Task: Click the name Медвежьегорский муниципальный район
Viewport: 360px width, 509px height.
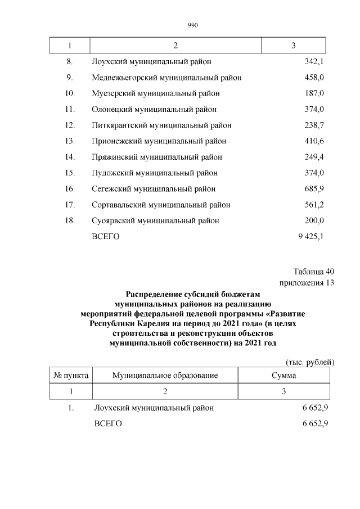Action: click(x=166, y=77)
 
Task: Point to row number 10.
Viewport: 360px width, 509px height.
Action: click(x=70, y=93)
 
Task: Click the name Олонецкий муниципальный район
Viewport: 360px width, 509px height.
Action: click(x=154, y=109)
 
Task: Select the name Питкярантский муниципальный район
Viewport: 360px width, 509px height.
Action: click(x=161, y=125)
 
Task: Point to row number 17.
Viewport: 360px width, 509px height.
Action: click(x=70, y=205)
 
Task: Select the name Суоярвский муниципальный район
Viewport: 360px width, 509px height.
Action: click(x=155, y=220)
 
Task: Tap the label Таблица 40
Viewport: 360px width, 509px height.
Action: click(x=313, y=272)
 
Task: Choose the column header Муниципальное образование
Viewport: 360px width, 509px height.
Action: click(x=165, y=375)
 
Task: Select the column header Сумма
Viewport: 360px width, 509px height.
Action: click(x=284, y=375)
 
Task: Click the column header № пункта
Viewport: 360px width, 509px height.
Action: click(x=70, y=375)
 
